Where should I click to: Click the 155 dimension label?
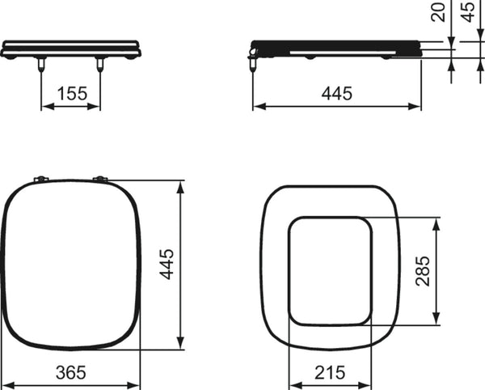tap(73, 93)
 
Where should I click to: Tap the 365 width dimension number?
tap(71, 372)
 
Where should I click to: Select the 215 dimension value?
tap(330, 372)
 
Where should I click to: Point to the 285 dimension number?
tap(423, 271)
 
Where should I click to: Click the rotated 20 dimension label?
tap(437, 12)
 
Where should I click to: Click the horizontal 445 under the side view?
tap(337, 93)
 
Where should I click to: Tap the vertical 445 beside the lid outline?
tap(167, 264)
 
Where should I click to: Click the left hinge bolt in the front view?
tap(41, 64)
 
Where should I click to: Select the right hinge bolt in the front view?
tap(99, 64)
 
